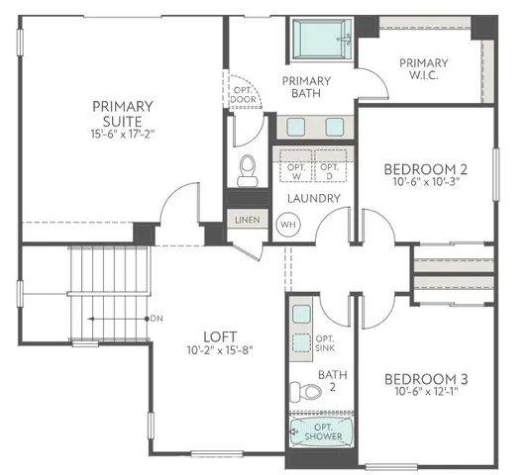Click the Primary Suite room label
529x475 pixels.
pyautogui.click(x=122, y=113)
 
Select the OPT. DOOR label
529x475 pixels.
pyautogui.click(x=243, y=95)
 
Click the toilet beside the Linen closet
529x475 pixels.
pyautogui.click(x=248, y=169)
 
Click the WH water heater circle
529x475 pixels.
pyautogui.click(x=289, y=224)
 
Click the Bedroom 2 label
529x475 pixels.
pyautogui.click(x=425, y=168)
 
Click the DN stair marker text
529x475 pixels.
pyautogui.click(x=156, y=319)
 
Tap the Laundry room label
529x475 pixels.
pyautogui.click(x=314, y=198)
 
